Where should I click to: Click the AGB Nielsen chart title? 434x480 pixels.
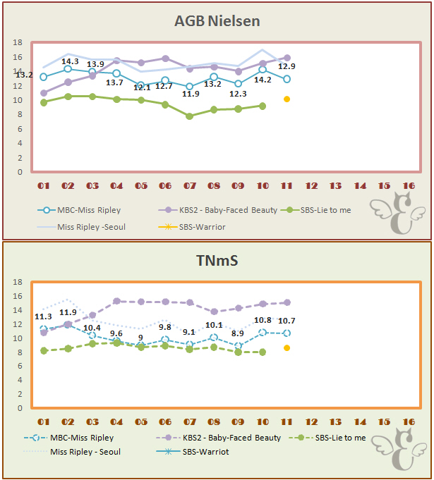pos(217,21)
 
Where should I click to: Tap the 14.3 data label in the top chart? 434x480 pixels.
pos(70,61)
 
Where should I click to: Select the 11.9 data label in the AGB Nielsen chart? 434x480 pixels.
pos(190,93)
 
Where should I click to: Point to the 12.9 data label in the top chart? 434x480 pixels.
pos(287,66)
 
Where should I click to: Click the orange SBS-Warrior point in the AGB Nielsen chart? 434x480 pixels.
pos(287,99)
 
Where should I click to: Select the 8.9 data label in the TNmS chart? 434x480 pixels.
pos(238,333)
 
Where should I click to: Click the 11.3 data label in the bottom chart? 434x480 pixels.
pos(44,316)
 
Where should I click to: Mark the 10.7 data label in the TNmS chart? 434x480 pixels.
pos(287,321)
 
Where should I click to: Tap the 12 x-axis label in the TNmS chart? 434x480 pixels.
pos(311,422)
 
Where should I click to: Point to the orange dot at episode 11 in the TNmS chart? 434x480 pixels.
pos(287,348)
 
